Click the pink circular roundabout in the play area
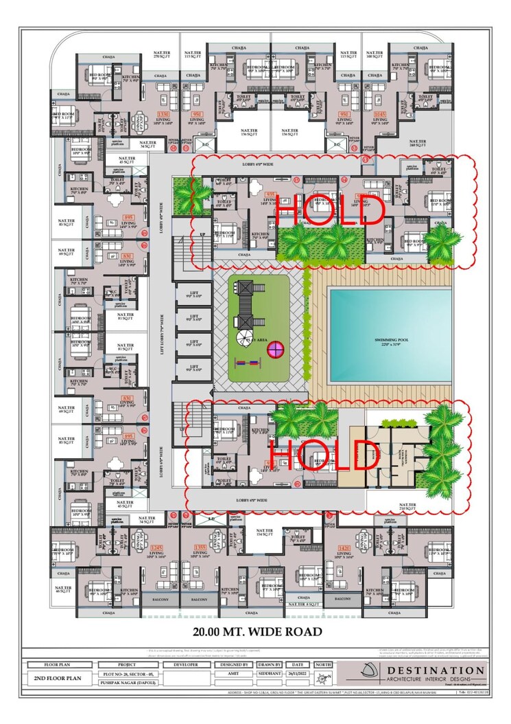point(276,348)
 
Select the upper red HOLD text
point(329,210)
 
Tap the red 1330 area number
point(163,113)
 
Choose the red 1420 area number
point(345,547)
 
